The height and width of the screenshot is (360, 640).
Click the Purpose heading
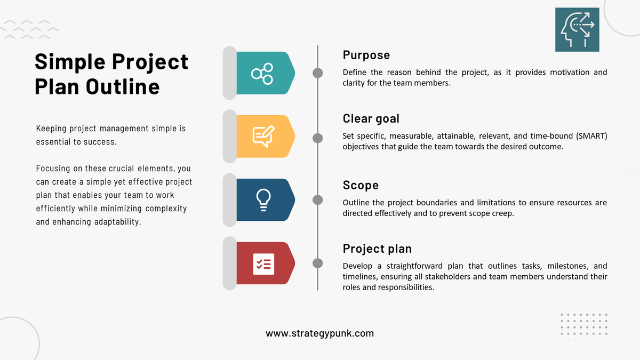366,55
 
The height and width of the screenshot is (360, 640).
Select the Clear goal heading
371,118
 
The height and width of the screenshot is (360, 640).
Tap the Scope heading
361,185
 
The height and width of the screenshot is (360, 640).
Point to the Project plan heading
377,249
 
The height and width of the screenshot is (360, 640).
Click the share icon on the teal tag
262,73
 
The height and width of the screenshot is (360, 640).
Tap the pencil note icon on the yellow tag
263,136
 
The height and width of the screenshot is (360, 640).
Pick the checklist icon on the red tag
263,263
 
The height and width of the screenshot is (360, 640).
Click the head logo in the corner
577,29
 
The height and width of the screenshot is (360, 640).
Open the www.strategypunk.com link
319,333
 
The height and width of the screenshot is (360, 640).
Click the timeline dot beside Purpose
317,73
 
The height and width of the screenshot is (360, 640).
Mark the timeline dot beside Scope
317,199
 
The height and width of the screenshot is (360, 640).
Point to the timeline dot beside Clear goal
317,138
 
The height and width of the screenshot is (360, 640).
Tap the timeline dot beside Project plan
317,263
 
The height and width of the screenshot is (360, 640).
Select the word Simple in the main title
69,62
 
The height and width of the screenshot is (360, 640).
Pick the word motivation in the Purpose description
559,73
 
